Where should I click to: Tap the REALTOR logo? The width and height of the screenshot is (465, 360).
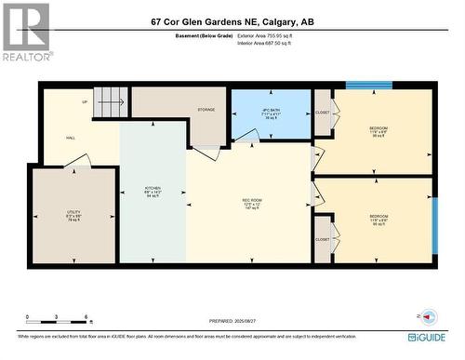click(25, 32)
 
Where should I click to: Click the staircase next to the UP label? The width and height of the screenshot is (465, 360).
click(111, 97)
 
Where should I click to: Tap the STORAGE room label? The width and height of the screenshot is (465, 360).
click(206, 110)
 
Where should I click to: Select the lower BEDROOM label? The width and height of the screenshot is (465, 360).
click(378, 220)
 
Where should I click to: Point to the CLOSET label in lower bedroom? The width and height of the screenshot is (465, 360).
click(322, 239)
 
